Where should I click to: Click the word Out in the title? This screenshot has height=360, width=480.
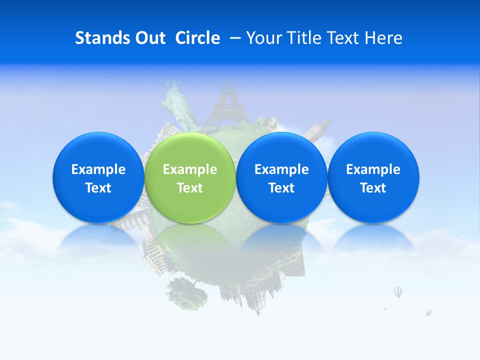(x=150, y=38)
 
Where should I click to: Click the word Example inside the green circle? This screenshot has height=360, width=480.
(x=190, y=169)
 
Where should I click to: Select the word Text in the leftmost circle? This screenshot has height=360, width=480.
(x=98, y=188)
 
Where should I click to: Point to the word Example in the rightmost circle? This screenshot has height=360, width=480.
(x=373, y=169)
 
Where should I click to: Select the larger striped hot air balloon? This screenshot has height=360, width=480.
(x=398, y=291)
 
